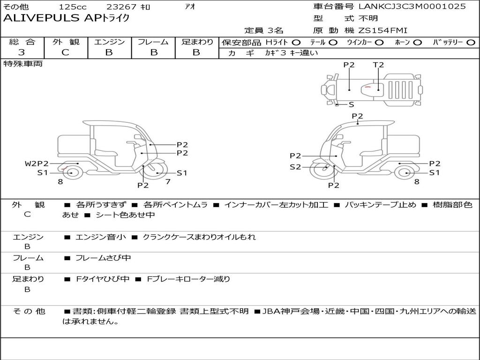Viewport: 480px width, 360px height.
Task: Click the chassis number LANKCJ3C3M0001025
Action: [x=412, y=7]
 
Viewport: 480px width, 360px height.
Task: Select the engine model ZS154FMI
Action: [x=383, y=30]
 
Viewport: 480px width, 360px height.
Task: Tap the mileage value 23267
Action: [x=121, y=7]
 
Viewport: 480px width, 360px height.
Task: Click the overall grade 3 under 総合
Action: [x=22, y=52]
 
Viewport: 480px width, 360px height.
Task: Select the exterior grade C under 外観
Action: [x=65, y=52]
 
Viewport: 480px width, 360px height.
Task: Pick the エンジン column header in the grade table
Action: [x=109, y=42]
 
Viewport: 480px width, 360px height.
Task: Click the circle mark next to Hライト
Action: [x=296, y=43]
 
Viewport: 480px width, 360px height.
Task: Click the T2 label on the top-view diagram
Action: [x=378, y=65]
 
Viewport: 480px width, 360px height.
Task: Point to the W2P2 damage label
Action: [x=37, y=164]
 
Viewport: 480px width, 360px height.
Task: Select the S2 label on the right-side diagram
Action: [x=295, y=167]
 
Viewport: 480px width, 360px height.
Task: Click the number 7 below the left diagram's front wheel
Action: [x=167, y=181]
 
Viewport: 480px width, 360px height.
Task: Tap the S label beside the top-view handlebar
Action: [x=351, y=105]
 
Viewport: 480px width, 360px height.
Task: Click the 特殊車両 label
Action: [x=23, y=64]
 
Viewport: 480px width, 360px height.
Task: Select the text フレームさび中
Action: [x=103, y=258]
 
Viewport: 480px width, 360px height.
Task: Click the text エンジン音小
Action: [x=101, y=237]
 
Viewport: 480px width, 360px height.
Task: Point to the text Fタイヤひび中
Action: [x=103, y=279]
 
